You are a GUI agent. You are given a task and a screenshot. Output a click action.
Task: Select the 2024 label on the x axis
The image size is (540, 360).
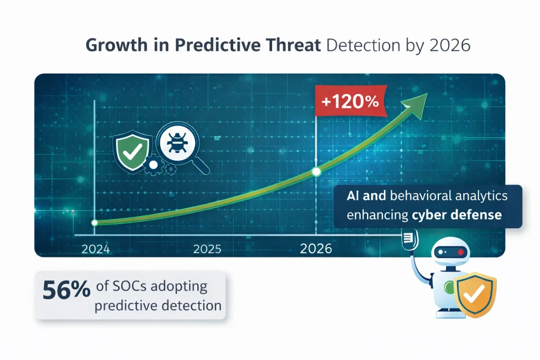tap(96, 249)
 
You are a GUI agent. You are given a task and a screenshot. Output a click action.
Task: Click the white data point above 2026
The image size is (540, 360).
tap(316, 171)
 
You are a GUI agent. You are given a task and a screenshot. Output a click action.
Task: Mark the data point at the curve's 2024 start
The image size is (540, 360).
tap(94, 223)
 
